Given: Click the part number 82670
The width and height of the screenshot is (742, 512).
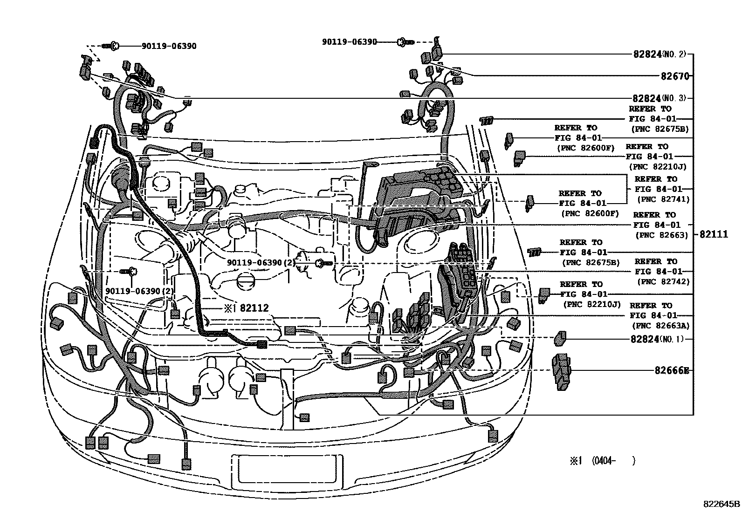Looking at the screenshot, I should click(x=674, y=76).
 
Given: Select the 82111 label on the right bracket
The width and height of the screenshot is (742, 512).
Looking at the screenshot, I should click(x=713, y=235).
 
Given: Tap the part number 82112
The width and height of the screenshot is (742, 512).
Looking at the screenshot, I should click(x=254, y=308).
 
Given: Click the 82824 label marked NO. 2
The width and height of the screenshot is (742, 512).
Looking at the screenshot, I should click(x=647, y=54).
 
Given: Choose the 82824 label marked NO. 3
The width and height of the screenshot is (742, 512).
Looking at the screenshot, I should click(x=647, y=99).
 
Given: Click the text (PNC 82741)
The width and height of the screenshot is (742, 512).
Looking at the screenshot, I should click(x=661, y=199).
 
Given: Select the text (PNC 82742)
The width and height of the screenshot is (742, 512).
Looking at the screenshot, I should click(x=661, y=282).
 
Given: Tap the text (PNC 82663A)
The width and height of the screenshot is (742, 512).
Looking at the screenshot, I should click(x=660, y=326).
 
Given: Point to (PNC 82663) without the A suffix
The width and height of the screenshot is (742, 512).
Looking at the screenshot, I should click(x=661, y=235).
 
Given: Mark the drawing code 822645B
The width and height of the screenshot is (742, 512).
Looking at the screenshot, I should click(x=721, y=504).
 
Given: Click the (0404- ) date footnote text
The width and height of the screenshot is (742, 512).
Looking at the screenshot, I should click(x=614, y=461).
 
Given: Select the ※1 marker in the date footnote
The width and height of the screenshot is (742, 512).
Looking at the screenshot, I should click(x=576, y=461).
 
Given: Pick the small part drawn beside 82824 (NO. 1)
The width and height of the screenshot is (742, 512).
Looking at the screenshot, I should click(x=559, y=339).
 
